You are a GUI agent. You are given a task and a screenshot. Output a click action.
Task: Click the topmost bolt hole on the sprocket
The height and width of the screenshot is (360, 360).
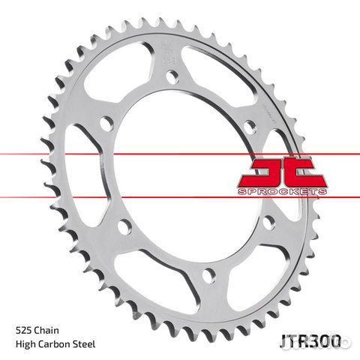click(x=172, y=76)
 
